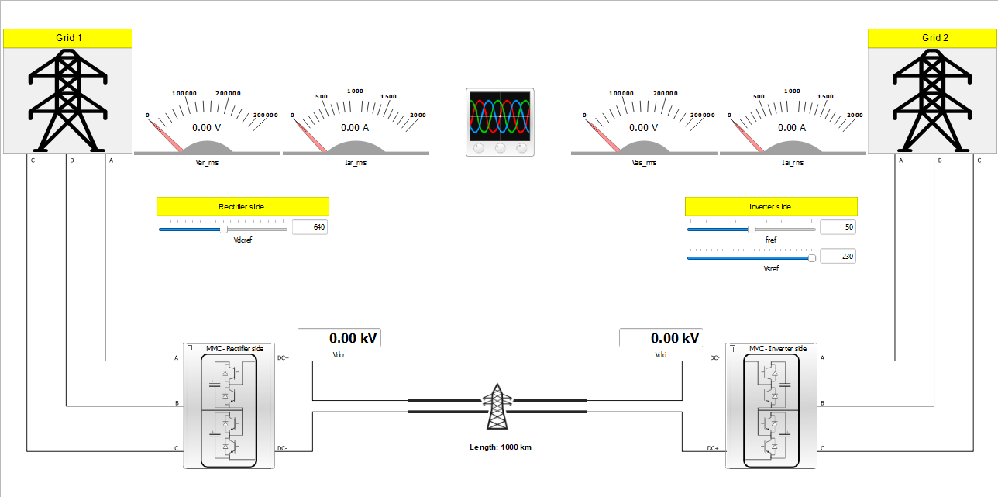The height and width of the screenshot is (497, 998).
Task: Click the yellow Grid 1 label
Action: tap(68, 38)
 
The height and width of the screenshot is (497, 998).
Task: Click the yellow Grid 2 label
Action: tap(934, 38)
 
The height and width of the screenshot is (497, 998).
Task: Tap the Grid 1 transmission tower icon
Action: tap(67, 100)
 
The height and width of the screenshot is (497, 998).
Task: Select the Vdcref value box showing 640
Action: tap(310, 228)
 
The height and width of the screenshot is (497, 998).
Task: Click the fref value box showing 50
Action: tap(838, 227)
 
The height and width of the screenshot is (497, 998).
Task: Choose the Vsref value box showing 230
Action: tap(838, 257)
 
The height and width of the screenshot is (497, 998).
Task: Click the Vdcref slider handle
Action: tap(223, 230)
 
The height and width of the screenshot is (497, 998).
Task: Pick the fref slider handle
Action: tap(751, 230)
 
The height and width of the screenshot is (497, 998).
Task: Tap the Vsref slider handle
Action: tap(811, 258)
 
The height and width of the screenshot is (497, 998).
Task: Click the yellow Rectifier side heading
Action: tap(243, 206)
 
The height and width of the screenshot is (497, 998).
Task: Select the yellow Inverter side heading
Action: tap(770, 207)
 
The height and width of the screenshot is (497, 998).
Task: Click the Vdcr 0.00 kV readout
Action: tap(341, 338)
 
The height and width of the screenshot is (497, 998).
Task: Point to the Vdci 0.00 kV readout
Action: tap(662, 338)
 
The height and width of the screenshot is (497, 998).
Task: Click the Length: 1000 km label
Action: tap(500, 447)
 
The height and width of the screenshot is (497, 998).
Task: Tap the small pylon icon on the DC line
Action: tap(497, 406)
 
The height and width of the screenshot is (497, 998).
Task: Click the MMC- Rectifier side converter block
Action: tap(229, 406)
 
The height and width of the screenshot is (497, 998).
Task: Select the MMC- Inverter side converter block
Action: tap(771, 406)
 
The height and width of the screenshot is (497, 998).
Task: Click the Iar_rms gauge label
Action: tap(356, 164)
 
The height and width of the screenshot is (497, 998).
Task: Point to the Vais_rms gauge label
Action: tap(643, 164)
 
